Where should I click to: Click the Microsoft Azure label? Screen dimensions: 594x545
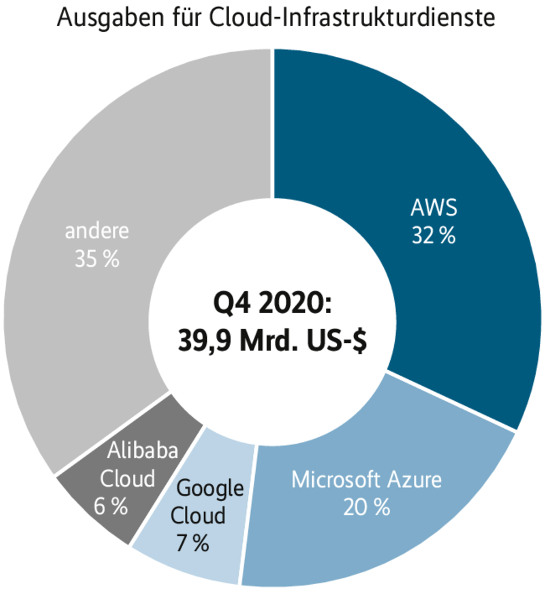[366, 480]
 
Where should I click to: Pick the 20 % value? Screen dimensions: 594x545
[366, 508]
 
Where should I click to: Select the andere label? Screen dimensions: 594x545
[97, 232]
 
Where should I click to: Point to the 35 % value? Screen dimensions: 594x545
[97, 259]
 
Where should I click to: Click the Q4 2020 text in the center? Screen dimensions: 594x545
[271, 305]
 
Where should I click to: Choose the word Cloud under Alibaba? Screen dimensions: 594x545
[128, 479]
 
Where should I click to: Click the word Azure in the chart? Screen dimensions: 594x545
[414, 480]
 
